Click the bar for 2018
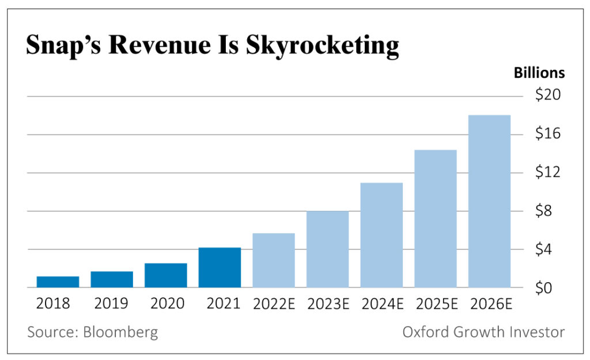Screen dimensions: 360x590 pos(58,282)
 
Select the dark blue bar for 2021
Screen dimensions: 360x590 pos(220,267)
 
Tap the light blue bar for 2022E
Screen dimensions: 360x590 pos(274,260)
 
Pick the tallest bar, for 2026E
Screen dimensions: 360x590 pos(489,201)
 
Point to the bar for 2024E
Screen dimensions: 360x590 pos(381,235)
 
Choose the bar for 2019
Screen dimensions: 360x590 pos(112,279)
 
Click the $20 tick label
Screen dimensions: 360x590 pos(548,95)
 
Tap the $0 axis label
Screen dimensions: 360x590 pos(548,288)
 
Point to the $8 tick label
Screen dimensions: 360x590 pos(548,211)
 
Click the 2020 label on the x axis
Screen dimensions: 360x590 pos(165,304)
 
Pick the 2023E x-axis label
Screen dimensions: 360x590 pos(327,304)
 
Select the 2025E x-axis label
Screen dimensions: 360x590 pos(436,304)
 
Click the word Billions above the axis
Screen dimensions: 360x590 pos(539,73)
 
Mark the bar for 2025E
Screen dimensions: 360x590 pos(436,219)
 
